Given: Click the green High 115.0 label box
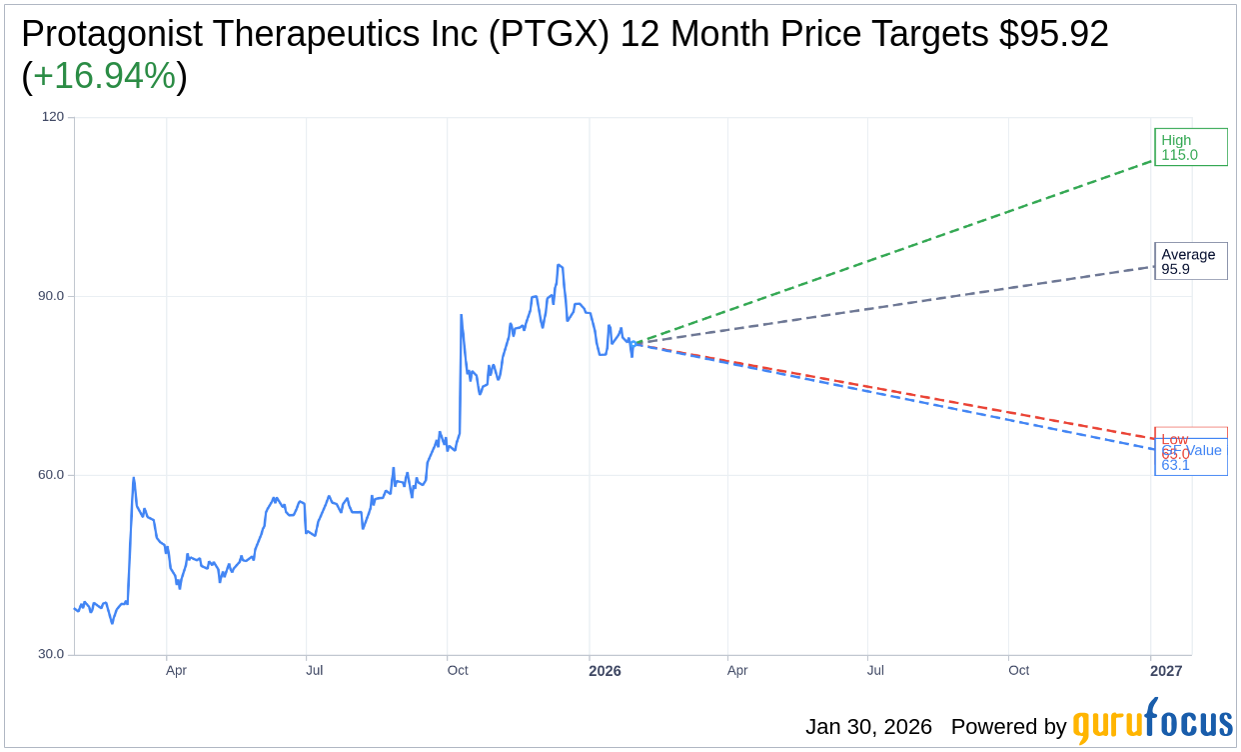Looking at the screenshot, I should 1190,147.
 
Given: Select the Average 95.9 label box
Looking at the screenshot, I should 1190,261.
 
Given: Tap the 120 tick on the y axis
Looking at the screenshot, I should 52,117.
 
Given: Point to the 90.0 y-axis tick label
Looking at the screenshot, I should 51,296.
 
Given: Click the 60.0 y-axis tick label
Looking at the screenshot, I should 51,475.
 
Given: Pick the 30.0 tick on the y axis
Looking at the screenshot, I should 51,654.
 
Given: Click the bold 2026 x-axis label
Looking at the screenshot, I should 605,671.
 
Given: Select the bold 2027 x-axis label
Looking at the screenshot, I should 1165,671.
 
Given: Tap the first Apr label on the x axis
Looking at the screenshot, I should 176,671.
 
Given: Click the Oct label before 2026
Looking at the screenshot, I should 458,671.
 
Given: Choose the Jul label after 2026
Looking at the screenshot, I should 875,671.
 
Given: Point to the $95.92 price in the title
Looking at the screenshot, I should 1053,35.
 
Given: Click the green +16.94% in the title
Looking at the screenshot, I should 104,77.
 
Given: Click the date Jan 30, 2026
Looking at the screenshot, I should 868,727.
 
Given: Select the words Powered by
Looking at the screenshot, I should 1008,727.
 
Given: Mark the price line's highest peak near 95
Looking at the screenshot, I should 560,265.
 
